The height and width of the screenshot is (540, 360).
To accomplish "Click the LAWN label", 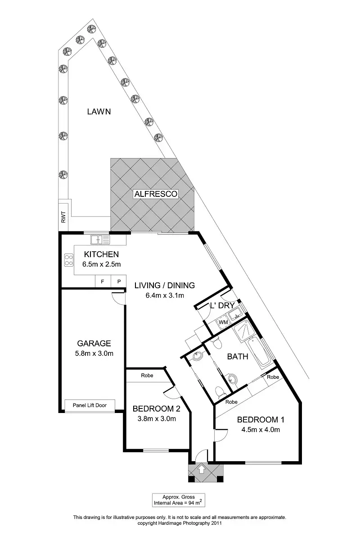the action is click(x=99, y=112).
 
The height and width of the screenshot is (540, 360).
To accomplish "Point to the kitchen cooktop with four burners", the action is click(x=69, y=259).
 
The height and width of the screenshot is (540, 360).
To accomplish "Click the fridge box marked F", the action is click(x=102, y=281).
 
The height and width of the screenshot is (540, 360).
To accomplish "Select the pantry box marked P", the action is click(x=119, y=281).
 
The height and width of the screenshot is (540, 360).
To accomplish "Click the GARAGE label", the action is click(x=94, y=343).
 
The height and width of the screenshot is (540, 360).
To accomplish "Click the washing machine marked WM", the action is click(x=222, y=322).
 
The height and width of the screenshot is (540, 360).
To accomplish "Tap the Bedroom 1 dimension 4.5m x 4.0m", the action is click(x=261, y=429).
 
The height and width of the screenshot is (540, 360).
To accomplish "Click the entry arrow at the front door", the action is click(x=201, y=470).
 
